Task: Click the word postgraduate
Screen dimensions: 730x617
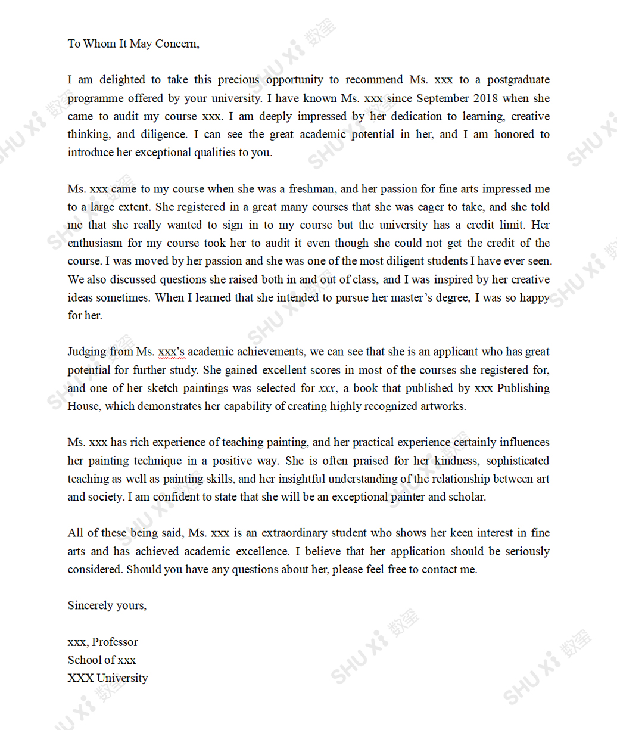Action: (x=518, y=80)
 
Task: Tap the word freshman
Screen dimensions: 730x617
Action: (x=312, y=189)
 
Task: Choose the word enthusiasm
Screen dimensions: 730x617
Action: (x=95, y=243)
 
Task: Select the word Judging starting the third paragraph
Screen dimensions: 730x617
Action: (x=87, y=352)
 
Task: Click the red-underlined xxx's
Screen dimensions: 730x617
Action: (x=172, y=352)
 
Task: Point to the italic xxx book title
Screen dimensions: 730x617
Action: (x=327, y=389)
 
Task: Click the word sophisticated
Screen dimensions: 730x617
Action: (x=518, y=461)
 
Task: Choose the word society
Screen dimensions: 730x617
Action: (x=105, y=497)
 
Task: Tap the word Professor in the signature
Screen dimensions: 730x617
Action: (x=115, y=642)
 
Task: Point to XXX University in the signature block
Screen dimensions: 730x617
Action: (x=108, y=678)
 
